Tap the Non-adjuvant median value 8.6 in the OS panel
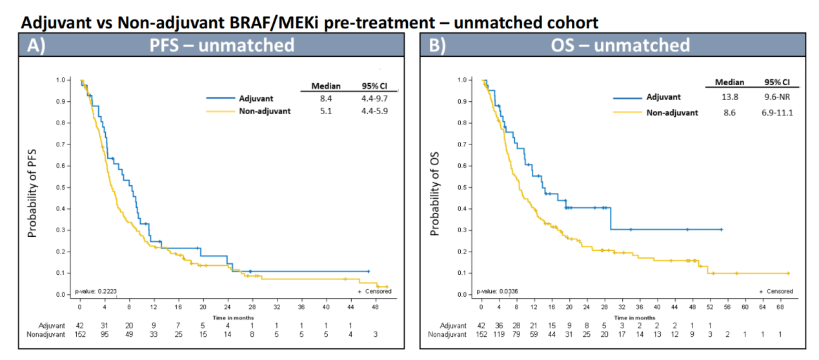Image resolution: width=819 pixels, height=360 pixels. point(730,112)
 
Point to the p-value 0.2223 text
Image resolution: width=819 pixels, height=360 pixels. point(96,291)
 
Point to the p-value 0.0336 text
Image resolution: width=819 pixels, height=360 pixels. point(497,291)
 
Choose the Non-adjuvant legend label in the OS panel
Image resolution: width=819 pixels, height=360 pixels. point(672,112)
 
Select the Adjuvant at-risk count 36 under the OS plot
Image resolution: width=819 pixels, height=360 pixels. point(498,325)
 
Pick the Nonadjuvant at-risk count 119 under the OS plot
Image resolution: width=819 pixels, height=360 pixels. point(498,334)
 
